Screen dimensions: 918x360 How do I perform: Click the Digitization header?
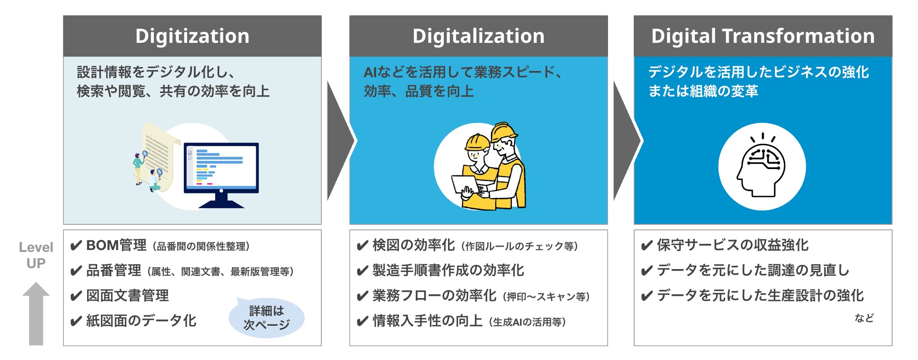coord(192,36)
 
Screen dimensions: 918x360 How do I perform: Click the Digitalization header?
coord(479,36)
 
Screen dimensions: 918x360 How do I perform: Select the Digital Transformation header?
coord(763,36)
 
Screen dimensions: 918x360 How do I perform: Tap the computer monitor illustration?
coord(221,175)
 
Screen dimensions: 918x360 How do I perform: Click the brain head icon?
coord(761,165)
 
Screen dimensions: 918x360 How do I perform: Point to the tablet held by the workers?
coord(465,184)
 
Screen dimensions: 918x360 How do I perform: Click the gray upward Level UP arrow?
coord(36,313)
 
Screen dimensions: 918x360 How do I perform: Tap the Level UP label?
coord(36,255)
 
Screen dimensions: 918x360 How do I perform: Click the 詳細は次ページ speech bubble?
coord(267,318)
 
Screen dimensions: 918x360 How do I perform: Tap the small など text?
coord(864,318)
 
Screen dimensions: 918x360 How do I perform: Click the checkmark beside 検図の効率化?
coord(362,246)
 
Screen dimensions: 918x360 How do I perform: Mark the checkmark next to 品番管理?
coord(76,271)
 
